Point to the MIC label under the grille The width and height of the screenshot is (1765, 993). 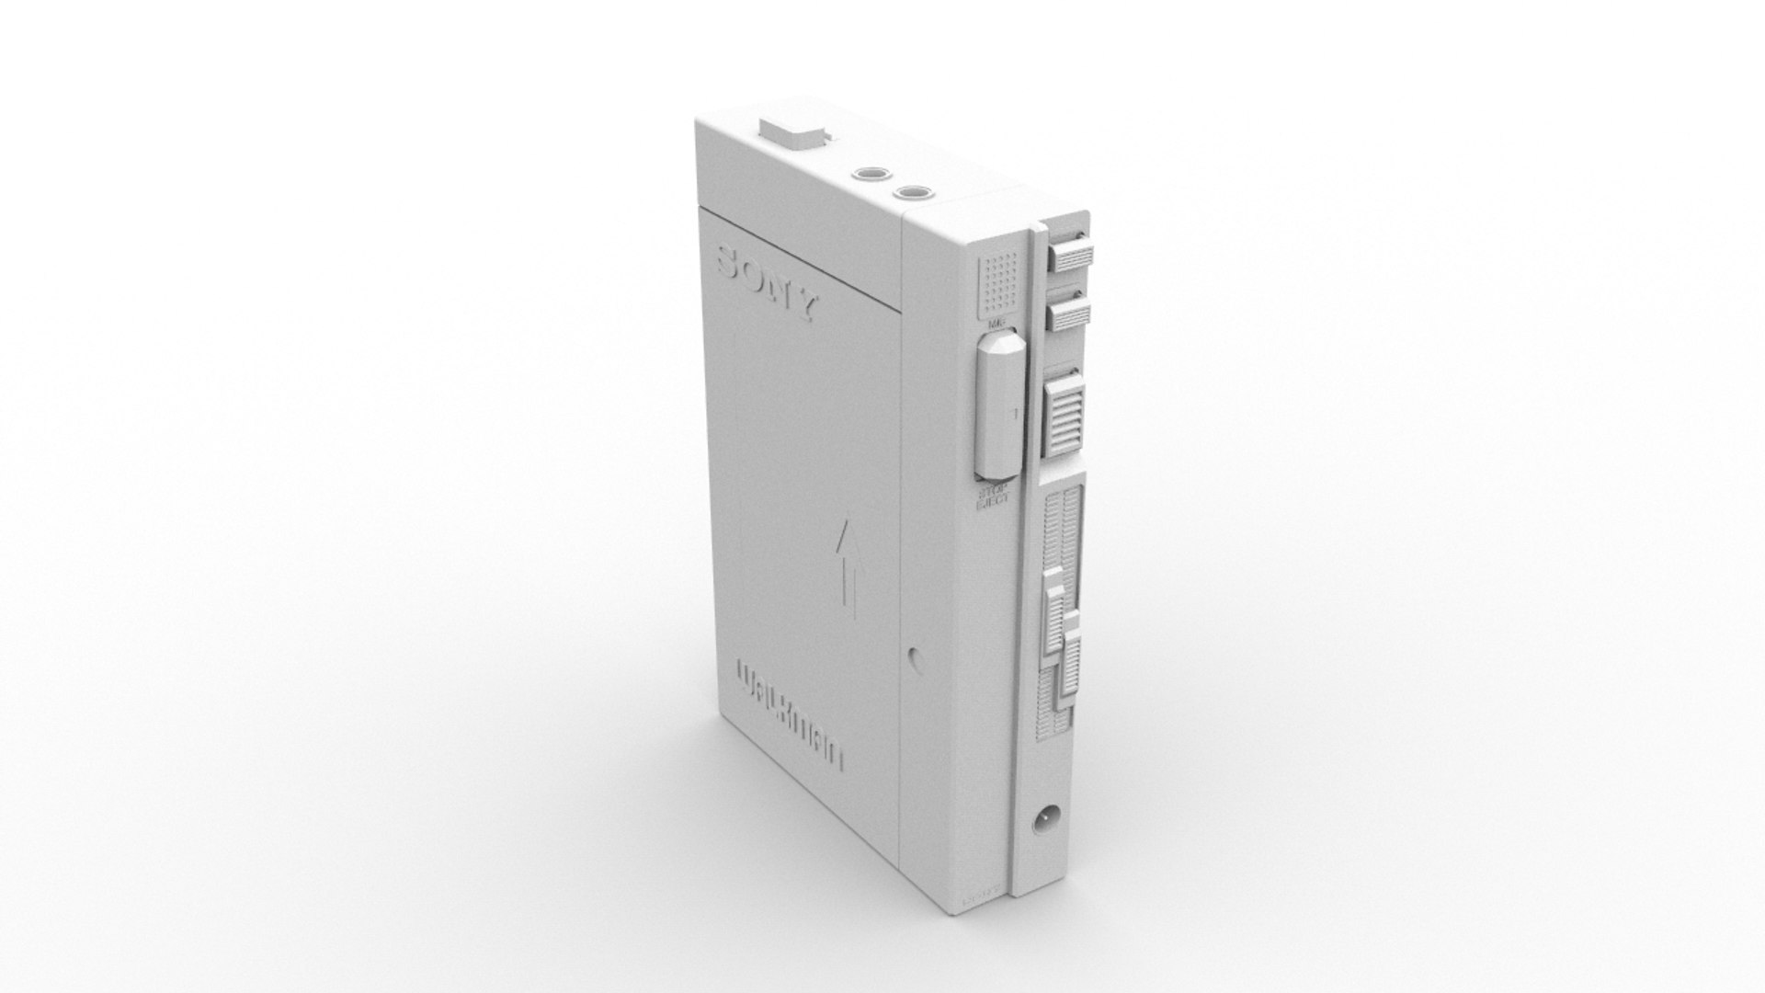(x=996, y=325)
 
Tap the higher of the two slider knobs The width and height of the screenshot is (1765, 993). (x=1053, y=607)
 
